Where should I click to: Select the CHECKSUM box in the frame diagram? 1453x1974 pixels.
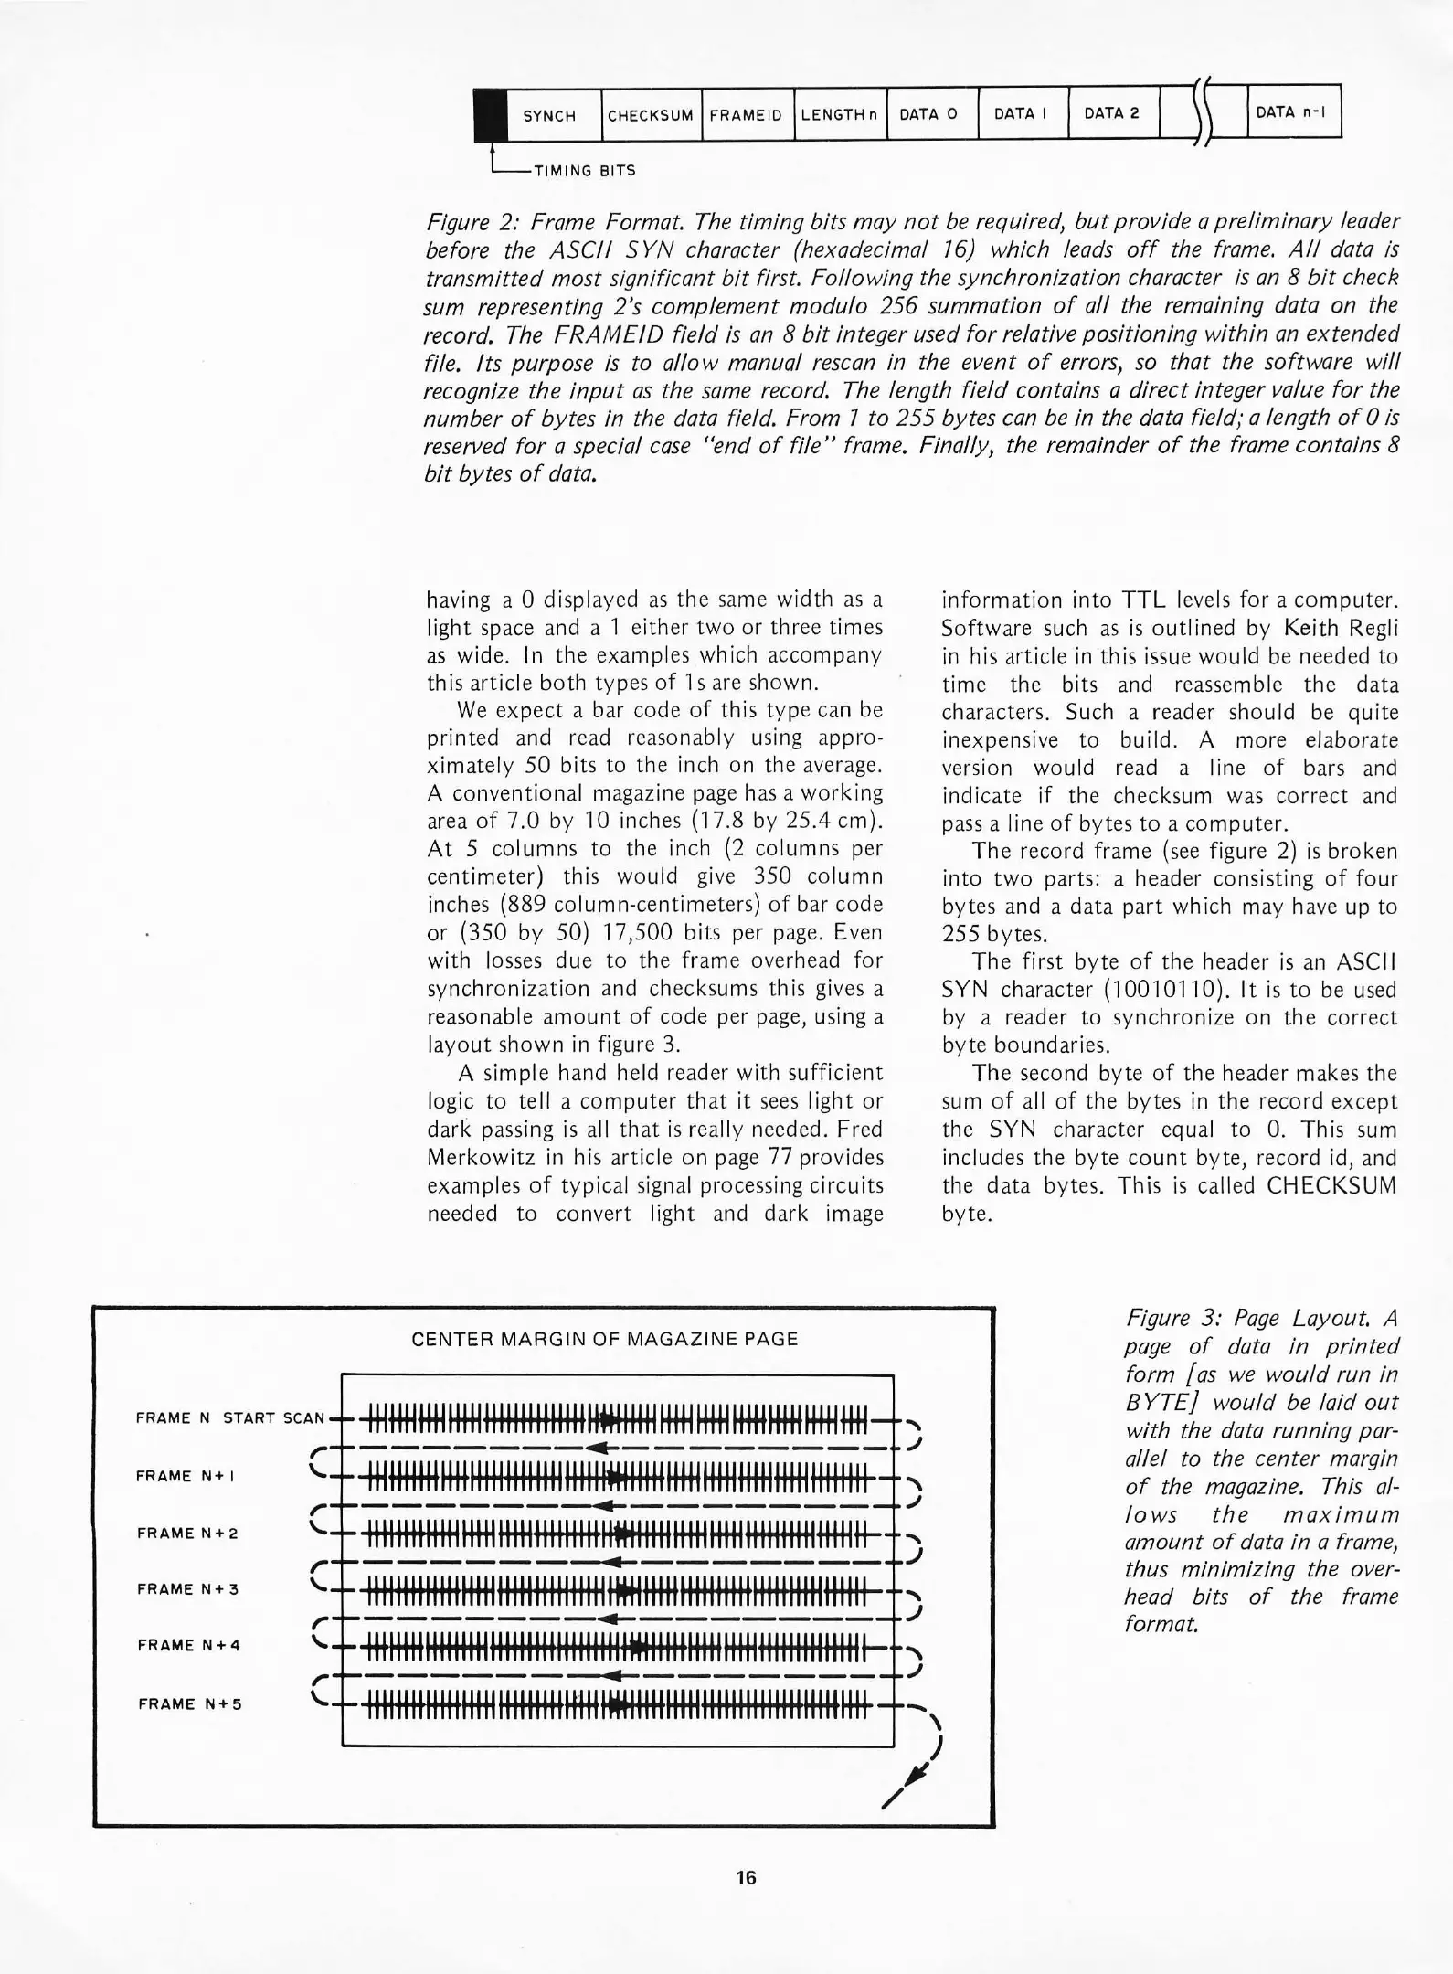click(651, 115)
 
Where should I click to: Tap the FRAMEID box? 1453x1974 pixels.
click(747, 115)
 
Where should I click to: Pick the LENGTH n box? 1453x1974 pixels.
click(839, 115)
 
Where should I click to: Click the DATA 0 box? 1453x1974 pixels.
click(929, 114)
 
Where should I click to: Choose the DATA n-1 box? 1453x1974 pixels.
click(1291, 112)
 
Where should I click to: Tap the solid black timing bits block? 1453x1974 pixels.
click(490, 115)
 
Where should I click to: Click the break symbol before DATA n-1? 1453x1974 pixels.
click(1203, 113)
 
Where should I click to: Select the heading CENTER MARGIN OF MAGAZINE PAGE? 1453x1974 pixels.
click(604, 1339)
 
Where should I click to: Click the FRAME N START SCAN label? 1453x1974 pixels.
click(229, 1418)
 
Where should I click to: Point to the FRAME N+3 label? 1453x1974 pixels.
click(188, 1589)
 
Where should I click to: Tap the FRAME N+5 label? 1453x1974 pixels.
click(189, 1703)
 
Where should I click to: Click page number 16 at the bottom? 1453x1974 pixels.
click(746, 1877)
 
